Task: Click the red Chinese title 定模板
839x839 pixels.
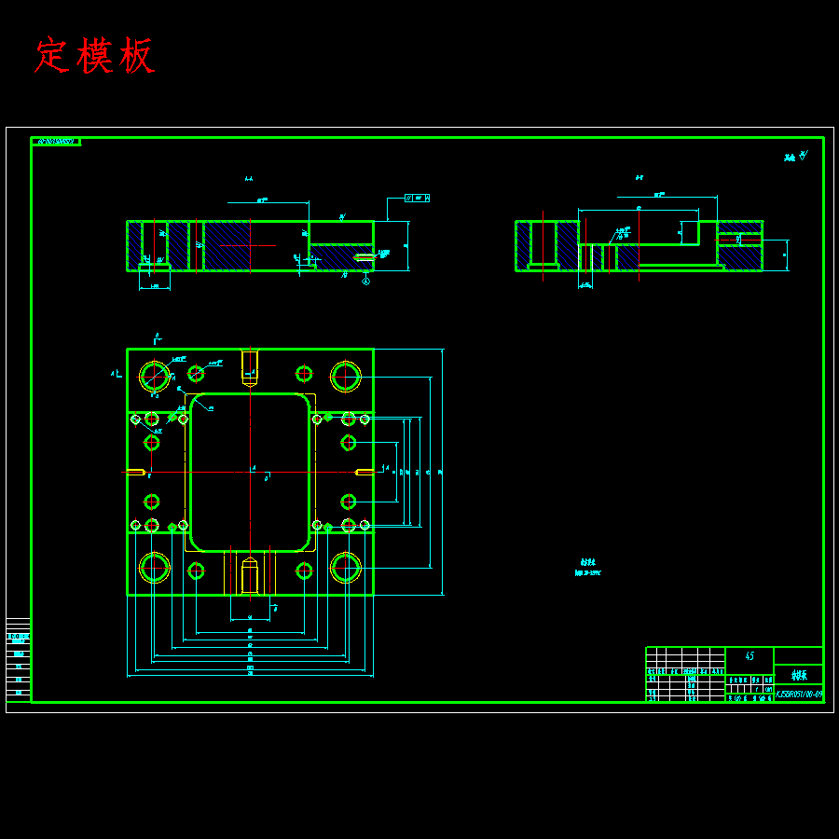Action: click(94, 56)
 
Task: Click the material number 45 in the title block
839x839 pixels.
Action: click(750, 656)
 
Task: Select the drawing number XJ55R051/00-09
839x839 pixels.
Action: click(799, 695)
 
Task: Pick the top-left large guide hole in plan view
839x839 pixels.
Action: click(155, 377)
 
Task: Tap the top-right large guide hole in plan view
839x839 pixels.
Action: click(345, 377)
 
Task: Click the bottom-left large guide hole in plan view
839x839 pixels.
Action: click(155, 567)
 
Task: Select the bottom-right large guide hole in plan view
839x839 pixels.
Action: click(345, 567)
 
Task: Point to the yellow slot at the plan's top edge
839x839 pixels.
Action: click(250, 365)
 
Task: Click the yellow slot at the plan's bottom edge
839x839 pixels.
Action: click(250, 575)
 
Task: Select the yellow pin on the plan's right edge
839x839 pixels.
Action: click(364, 472)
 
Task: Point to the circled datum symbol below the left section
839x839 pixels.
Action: click(366, 279)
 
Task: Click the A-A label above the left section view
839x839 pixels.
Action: click(249, 179)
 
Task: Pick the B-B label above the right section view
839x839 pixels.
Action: click(640, 177)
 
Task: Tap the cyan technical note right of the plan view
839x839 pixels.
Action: click(588, 568)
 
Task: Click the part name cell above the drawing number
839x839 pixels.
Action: click(799, 675)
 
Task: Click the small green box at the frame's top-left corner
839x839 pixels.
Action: click(56, 142)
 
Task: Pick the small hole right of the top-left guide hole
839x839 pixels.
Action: click(196, 374)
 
